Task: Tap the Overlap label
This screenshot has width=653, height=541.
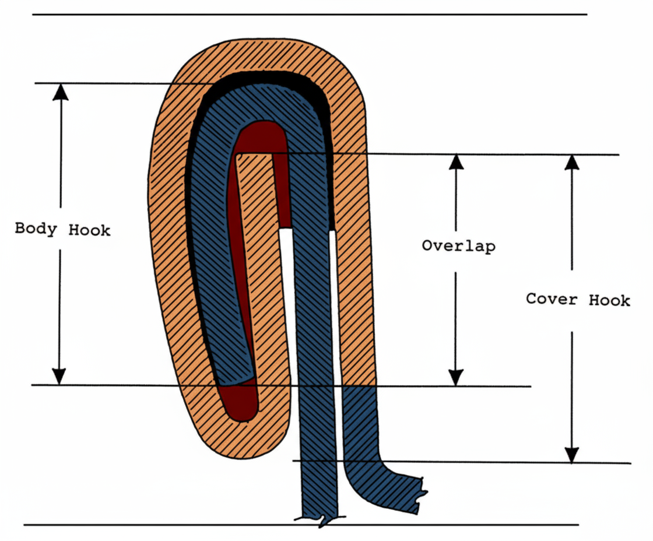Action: (458, 245)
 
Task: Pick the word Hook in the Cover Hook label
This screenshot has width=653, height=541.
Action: (609, 300)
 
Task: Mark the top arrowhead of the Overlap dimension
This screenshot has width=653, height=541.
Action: (456, 162)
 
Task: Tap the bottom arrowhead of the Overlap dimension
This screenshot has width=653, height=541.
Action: (456, 377)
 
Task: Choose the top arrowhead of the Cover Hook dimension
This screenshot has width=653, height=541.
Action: (572, 162)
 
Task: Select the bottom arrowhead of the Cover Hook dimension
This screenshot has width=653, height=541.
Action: (572, 455)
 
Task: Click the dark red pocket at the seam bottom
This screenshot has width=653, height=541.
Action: (241, 402)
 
